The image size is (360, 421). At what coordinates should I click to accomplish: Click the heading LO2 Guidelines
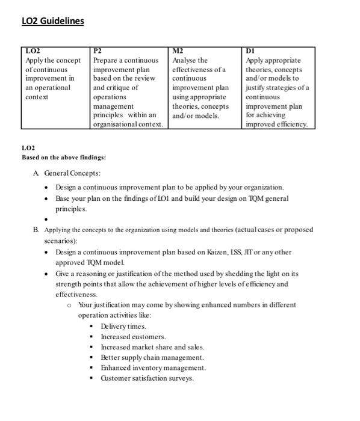tap(52, 22)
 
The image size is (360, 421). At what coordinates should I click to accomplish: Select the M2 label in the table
tap(178, 51)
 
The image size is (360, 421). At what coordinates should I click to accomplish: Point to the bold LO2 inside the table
tap(31, 51)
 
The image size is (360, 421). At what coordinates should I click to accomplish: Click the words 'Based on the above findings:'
tap(64, 158)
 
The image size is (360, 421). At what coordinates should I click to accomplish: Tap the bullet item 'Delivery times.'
tap(123, 326)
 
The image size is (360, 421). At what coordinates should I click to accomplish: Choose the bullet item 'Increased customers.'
tap(133, 337)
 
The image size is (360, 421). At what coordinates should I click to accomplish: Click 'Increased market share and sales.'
tap(152, 347)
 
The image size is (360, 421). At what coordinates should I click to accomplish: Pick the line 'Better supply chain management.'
tap(152, 357)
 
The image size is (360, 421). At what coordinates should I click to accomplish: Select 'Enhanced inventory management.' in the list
tap(153, 367)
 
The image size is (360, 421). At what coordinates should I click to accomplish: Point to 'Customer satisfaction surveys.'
tap(147, 378)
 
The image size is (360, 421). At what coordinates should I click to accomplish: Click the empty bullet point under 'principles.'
tap(46, 220)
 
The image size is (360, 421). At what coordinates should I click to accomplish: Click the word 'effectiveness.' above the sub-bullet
tap(76, 295)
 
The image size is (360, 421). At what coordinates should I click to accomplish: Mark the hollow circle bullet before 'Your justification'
tap(70, 305)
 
